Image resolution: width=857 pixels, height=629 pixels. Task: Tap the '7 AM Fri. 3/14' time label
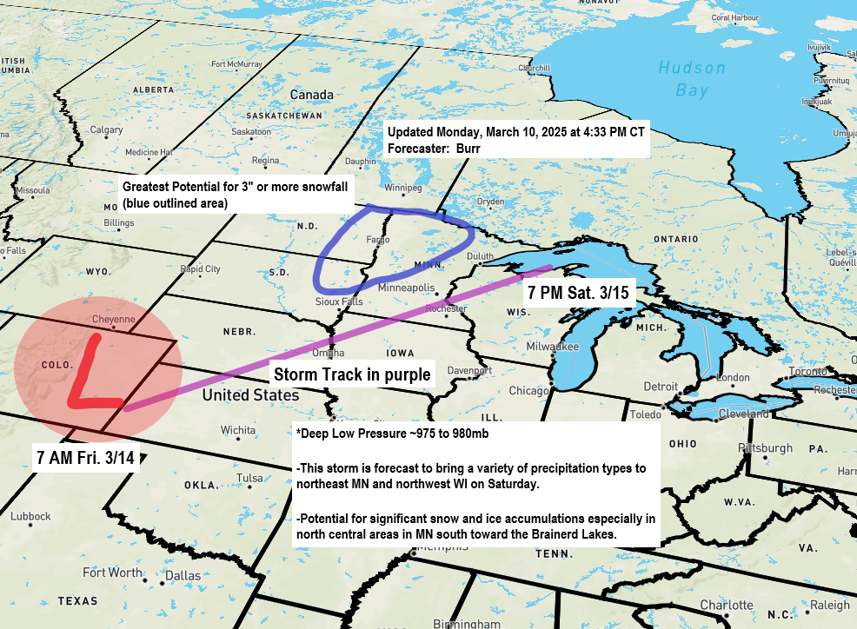(x=85, y=457)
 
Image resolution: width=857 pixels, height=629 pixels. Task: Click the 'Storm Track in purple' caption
(x=352, y=375)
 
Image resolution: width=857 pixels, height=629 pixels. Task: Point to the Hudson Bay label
(x=691, y=78)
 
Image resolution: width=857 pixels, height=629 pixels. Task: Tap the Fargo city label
(x=353, y=239)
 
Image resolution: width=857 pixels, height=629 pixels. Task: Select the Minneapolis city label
(x=407, y=288)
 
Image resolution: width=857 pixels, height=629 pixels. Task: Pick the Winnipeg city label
(x=402, y=188)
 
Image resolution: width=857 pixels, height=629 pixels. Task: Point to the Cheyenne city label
(x=113, y=319)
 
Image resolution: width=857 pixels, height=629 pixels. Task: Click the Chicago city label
(x=528, y=391)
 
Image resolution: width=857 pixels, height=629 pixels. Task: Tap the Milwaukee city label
(x=552, y=346)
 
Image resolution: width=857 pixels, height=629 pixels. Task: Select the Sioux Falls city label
(x=338, y=301)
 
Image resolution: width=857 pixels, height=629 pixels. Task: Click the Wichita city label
(x=237, y=430)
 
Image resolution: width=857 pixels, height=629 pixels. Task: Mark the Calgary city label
(x=106, y=130)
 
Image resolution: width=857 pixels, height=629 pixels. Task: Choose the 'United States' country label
(x=250, y=395)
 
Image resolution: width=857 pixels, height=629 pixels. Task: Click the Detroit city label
(x=661, y=386)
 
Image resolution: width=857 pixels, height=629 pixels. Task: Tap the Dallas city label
(x=183, y=575)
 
